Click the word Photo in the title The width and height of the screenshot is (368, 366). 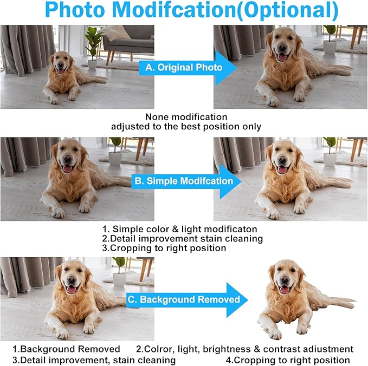click(75, 10)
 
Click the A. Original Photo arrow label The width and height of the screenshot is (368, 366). click(184, 68)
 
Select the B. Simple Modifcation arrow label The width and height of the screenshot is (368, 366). click(184, 181)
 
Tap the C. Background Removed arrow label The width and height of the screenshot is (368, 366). click(184, 299)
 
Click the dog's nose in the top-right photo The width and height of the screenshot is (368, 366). click(282, 48)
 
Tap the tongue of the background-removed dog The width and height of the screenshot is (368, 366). click(285, 290)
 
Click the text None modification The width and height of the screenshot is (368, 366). click(186, 117)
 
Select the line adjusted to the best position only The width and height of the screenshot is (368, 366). click(186, 127)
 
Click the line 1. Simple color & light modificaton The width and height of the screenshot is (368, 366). click(180, 229)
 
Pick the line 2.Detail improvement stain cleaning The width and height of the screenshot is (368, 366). click(182, 239)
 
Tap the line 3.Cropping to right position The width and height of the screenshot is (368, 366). click(164, 248)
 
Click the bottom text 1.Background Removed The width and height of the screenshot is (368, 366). click(66, 349)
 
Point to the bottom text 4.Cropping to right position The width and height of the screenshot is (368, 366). click(288, 360)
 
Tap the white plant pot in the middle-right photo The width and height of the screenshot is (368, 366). click(330, 160)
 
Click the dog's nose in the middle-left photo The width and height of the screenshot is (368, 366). click(68, 159)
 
